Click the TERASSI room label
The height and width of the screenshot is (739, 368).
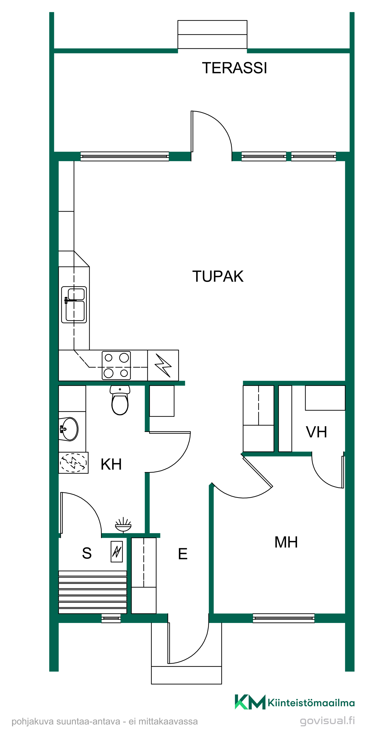pos(234,68)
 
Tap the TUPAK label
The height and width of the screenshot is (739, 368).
pos(218,276)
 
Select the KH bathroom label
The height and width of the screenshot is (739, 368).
pos(111,464)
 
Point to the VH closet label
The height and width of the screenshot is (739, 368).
pos(316,432)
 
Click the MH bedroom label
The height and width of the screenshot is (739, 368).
pos(286,542)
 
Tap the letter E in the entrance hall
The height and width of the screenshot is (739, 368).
pos(183,554)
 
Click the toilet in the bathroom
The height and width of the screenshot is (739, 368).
pos(120,400)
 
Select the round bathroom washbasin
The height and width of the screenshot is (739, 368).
pos(69,429)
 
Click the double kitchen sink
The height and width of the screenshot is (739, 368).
pos(74,305)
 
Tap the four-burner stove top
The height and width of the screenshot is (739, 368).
pos(116,365)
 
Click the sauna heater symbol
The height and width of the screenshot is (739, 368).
pos(117,551)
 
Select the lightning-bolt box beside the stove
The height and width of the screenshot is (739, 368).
pos(163,365)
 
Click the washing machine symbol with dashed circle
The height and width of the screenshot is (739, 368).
pos(74,462)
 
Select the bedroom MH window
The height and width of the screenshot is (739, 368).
pos(283,618)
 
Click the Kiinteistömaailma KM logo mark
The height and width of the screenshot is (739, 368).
pos(250,702)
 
